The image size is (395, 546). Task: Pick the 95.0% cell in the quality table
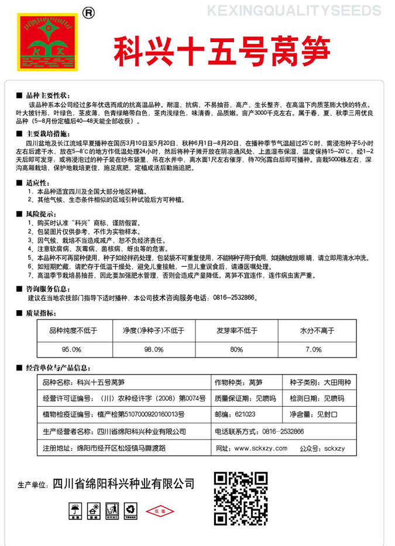click(x=71, y=349)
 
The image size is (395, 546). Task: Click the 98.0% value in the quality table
click(x=153, y=349)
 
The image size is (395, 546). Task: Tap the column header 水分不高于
click(x=317, y=331)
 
